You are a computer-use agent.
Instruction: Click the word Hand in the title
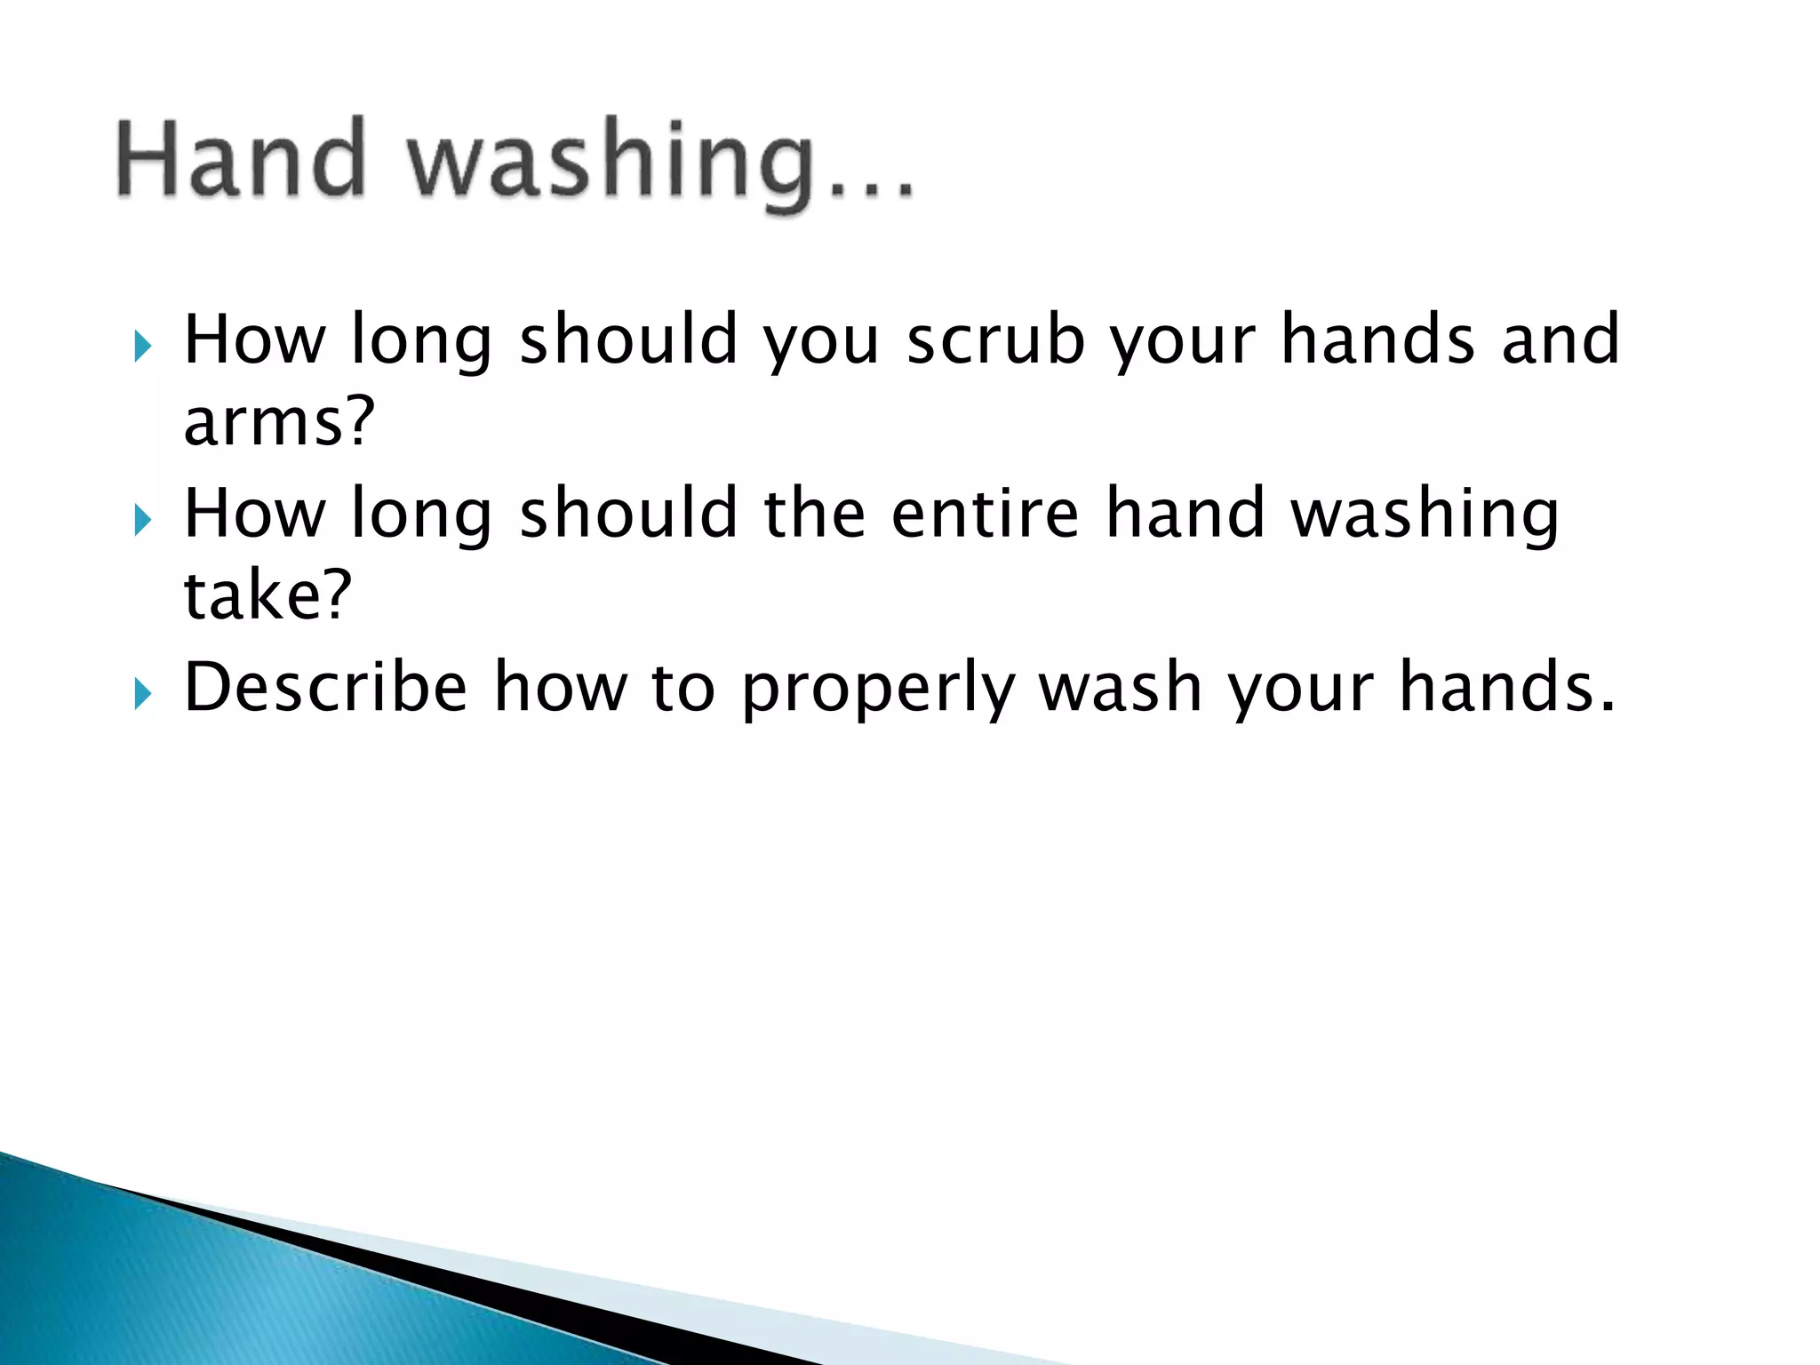pyautogui.click(x=241, y=159)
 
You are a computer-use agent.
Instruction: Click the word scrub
pyautogui.click(x=995, y=339)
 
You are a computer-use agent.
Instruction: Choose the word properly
pyautogui.click(x=878, y=690)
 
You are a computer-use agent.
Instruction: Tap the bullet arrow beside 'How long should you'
pyautogui.click(x=143, y=346)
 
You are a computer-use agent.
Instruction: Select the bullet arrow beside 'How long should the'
pyautogui.click(x=143, y=520)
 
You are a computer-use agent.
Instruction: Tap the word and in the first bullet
pyautogui.click(x=1561, y=339)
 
